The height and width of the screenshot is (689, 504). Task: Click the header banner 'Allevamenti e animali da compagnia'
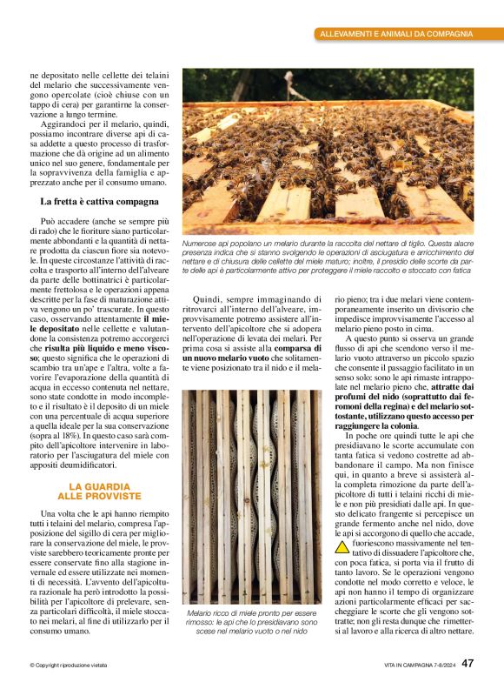point(396,34)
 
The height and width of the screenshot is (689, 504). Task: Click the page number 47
point(468,664)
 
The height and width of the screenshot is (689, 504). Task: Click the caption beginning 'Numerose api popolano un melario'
point(328,258)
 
